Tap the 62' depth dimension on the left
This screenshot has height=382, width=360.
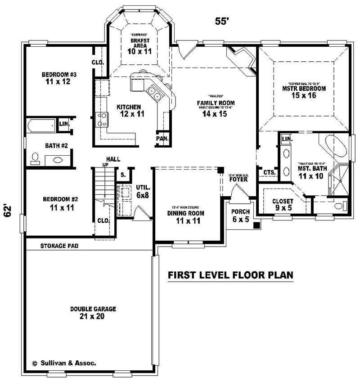pyautogui.click(x=8, y=211)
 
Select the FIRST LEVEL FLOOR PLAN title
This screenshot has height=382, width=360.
pyautogui.click(x=230, y=274)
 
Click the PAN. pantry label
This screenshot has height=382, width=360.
pyautogui.click(x=162, y=139)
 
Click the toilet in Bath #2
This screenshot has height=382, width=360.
pyautogui.click(x=35, y=158)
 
